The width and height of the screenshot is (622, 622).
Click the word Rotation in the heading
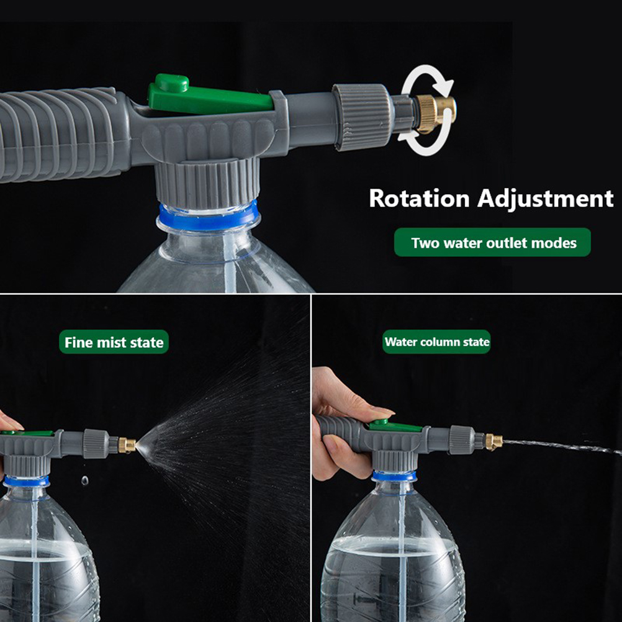pos(419,198)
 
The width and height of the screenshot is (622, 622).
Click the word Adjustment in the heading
pos(546,199)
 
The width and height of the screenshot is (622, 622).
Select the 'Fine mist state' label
pos(114,342)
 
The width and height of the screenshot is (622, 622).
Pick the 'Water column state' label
pos(436,342)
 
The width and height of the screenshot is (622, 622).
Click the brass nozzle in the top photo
pos(435,114)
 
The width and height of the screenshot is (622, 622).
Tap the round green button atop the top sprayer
pos(171,83)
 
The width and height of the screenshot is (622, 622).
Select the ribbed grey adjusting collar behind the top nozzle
pos(362,117)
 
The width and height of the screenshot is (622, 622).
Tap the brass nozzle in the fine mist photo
pos(127,446)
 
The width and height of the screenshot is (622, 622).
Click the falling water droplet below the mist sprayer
pos(84,481)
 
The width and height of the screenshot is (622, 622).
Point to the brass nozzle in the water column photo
pos(494,441)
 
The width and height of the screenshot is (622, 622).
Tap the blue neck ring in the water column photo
pos(394,476)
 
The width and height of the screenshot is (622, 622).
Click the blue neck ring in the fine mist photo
pos(26,482)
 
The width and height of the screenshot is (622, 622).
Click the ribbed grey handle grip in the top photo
pos(60,135)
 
